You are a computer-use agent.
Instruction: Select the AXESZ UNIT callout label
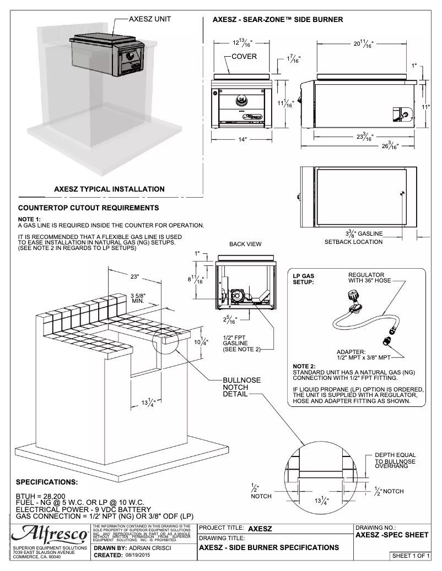tap(149, 19)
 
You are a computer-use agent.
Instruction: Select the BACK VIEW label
tap(245, 244)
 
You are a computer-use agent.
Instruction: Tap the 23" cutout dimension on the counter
tap(136, 275)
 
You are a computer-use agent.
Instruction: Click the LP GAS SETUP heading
tap(304, 279)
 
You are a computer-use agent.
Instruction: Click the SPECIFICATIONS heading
tap(47, 482)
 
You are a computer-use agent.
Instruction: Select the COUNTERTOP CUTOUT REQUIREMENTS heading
tap(89, 208)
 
